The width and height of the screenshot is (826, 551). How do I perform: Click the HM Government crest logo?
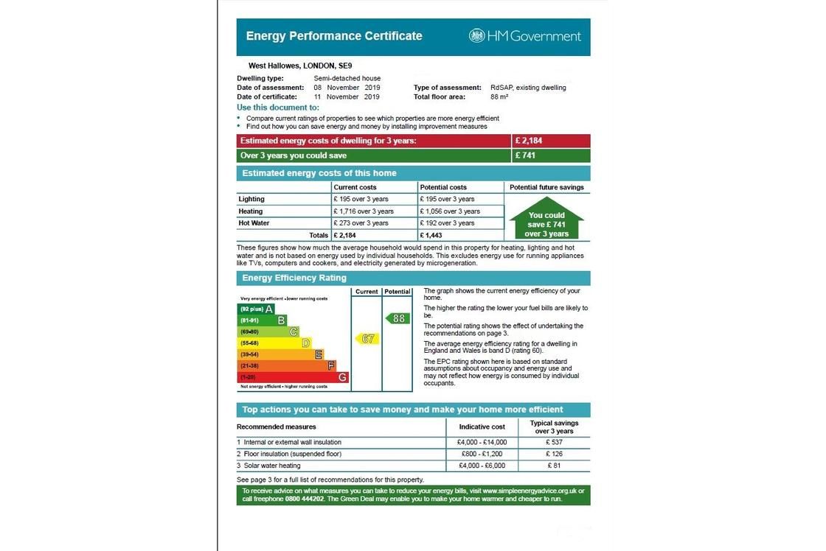(477, 36)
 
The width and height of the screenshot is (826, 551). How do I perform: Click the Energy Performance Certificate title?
(334, 36)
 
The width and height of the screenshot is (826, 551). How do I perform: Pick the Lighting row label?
(251, 200)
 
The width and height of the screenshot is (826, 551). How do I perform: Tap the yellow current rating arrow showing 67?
(367, 339)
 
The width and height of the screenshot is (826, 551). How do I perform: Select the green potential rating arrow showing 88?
(398, 318)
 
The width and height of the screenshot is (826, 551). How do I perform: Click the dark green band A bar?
(257, 309)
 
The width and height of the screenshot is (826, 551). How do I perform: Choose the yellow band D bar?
(274, 343)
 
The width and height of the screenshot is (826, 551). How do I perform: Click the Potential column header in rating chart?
(397, 292)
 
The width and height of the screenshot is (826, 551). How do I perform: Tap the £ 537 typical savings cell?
(554, 443)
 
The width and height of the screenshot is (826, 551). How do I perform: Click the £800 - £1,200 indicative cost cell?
(482, 454)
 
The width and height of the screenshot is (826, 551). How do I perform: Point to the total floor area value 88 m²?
(499, 96)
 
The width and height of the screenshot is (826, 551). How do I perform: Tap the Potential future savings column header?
(546, 188)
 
